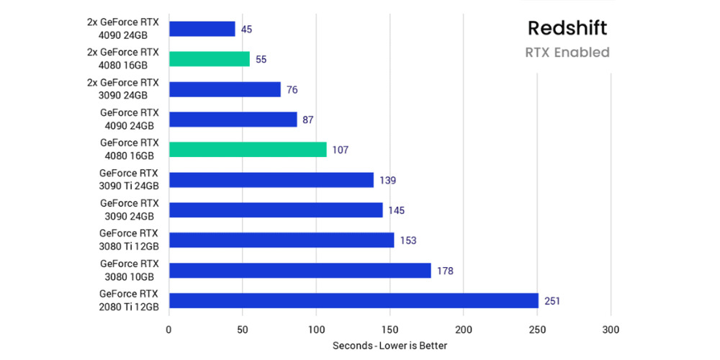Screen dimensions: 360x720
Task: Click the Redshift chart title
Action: [567, 28]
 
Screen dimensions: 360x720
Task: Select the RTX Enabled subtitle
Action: [567, 53]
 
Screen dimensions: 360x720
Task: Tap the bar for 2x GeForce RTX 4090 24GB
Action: [202, 29]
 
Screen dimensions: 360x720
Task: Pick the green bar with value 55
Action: [210, 59]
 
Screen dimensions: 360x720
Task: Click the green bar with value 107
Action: [248, 150]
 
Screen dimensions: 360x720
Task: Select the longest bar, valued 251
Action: [354, 300]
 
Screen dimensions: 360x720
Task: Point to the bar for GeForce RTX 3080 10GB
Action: [300, 270]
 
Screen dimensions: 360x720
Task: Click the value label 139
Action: [387, 180]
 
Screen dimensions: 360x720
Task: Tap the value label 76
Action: [292, 90]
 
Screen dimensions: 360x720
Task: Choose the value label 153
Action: [408, 240]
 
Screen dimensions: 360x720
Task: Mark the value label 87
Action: [308, 120]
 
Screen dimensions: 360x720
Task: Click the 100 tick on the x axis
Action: [316, 329]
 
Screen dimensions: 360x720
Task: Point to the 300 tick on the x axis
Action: [611, 329]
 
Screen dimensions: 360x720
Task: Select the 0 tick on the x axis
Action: [169, 329]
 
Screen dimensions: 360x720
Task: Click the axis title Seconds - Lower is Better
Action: [390, 346]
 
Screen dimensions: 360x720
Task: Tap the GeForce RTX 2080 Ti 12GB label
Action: [129, 300]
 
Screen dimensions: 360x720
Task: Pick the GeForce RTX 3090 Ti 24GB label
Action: [129, 179]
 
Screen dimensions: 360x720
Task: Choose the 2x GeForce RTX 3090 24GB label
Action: [123, 89]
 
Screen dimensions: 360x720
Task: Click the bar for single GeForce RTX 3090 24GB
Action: [276, 210]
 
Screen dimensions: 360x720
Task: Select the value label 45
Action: [247, 30]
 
